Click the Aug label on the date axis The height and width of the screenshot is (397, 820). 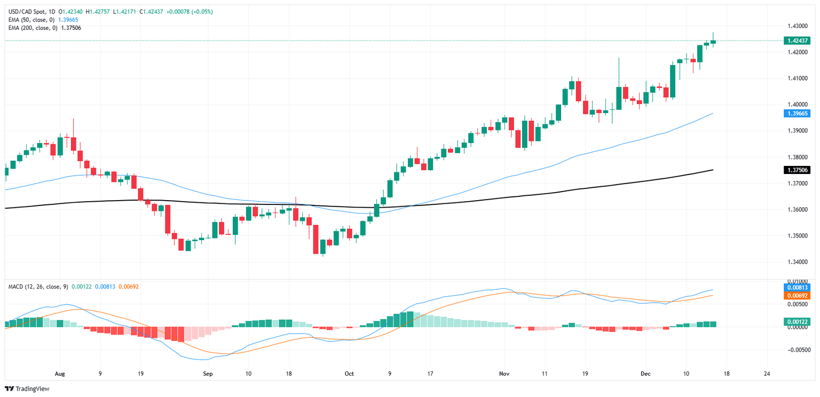pyautogui.click(x=59, y=374)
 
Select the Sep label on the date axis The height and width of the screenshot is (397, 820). pyautogui.click(x=208, y=374)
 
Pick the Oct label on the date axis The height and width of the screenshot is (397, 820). pyautogui.click(x=349, y=374)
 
